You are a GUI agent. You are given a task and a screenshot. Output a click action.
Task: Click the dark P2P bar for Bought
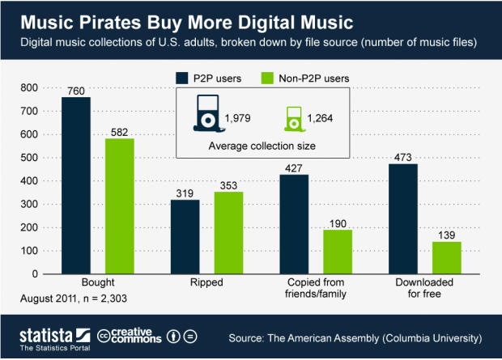click(x=76, y=185)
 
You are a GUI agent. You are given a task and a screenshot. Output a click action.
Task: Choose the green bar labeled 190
click(x=336, y=252)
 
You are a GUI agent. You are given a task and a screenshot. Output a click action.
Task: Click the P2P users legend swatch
click(x=184, y=78)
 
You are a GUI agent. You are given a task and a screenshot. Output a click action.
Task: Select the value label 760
click(x=76, y=90)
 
